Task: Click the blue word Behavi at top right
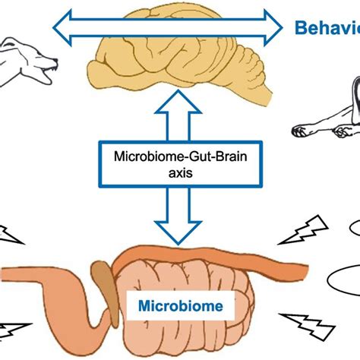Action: point(327,29)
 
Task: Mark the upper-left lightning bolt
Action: point(11,234)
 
